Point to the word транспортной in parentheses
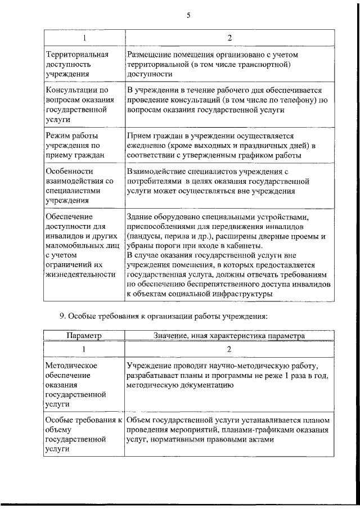260,64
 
